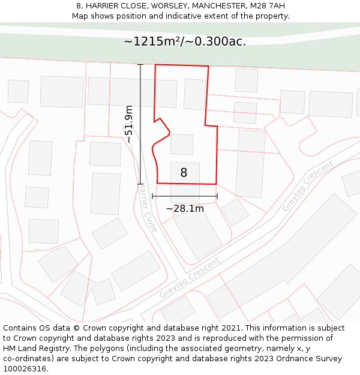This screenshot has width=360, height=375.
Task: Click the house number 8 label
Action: point(184,173)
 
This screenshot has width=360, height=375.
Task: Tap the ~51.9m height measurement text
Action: point(128,124)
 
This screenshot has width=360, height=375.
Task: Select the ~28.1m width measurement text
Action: point(185,209)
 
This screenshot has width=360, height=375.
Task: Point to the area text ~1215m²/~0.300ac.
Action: point(185,41)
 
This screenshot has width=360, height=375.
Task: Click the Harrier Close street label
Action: point(148,208)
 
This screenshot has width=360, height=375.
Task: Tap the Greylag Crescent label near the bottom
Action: point(189,278)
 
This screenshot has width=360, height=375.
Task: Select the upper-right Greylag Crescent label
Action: point(308,186)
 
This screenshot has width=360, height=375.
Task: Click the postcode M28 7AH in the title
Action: point(268,6)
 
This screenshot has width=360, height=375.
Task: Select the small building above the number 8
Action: point(182,144)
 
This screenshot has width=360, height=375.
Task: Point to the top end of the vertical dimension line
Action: point(140,64)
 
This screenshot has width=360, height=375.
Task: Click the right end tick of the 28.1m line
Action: point(217,196)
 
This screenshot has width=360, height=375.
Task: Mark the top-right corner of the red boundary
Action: point(208,66)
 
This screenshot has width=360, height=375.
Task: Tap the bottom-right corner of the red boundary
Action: point(216,184)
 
